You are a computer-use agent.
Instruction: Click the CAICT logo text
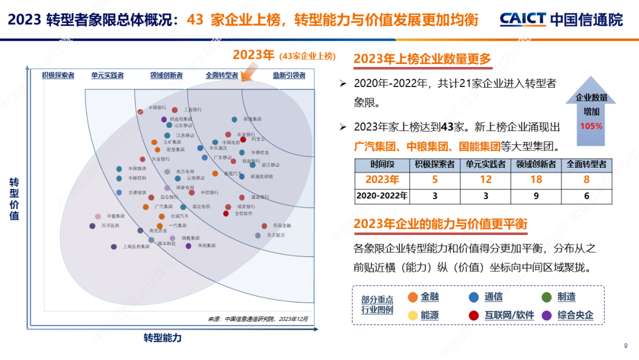[522, 20]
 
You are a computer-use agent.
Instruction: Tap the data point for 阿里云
[243, 139]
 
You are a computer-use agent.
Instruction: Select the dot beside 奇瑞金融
[264, 226]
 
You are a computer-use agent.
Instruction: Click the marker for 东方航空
[258, 235]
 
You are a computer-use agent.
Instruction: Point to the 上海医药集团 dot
[114, 246]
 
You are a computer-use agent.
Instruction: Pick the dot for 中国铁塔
[119, 169]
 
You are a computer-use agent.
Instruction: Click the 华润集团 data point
[189, 245]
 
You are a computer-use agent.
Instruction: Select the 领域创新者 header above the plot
[166, 75]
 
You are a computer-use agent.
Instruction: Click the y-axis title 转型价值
[14, 199]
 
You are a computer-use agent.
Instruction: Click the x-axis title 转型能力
[163, 338]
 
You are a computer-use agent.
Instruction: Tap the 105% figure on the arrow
[591, 126]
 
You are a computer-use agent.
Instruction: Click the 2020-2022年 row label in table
[382, 195]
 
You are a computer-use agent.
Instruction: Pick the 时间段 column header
[382, 164]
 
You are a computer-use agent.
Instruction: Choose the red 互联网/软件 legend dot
[473, 316]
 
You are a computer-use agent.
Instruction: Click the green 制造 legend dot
[547, 297]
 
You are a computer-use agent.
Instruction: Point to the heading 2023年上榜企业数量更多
[422, 59]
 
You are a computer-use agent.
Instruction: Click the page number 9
[626, 346]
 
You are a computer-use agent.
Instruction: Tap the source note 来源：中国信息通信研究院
[257, 319]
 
